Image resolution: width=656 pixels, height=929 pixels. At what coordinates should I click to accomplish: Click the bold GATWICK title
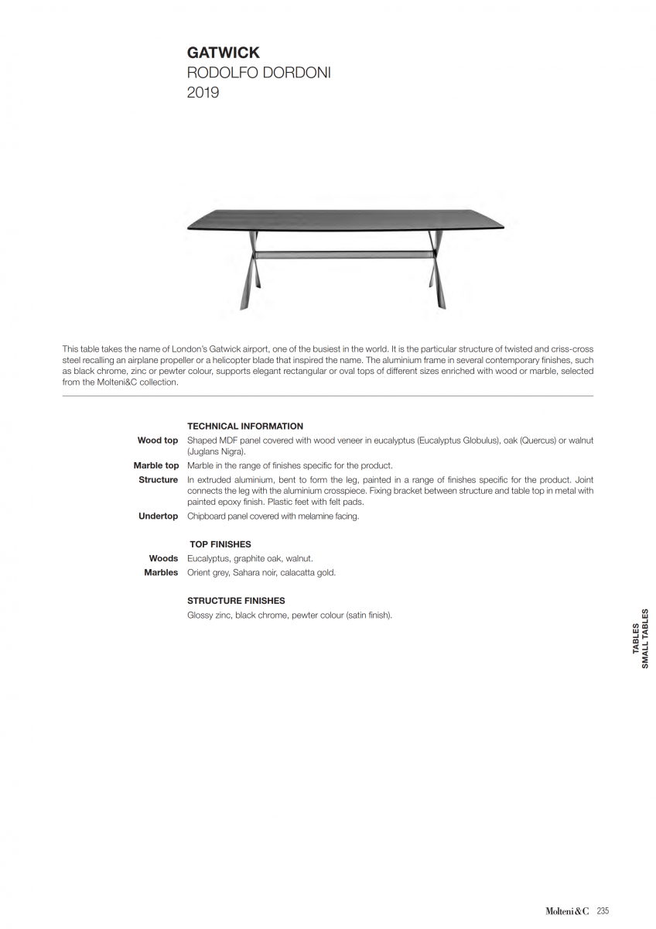(x=224, y=53)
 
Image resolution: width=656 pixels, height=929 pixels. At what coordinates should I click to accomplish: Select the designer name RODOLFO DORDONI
(x=259, y=73)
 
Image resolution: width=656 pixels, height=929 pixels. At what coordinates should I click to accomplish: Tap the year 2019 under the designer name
(x=203, y=93)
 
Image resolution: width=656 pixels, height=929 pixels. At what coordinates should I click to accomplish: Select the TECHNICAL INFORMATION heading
(x=245, y=426)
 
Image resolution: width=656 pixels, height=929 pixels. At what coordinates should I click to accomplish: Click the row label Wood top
(x=158, y=441)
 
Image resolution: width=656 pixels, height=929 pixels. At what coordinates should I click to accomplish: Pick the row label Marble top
(x=156, y=465)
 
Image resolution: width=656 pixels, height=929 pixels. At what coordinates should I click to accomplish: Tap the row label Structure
(x=159, y=480)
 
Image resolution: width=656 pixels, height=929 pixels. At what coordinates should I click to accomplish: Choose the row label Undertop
(x=159, y=516)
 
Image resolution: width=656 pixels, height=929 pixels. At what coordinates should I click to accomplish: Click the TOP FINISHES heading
(x=220, y=544)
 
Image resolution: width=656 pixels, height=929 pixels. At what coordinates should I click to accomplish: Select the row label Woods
(x=163, y=558)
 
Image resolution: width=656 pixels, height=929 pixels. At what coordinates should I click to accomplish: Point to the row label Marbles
(x=161, y=572)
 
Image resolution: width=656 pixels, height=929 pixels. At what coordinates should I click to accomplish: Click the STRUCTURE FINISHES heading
(x=236, y=601)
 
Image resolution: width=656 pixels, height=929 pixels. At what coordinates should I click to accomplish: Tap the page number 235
(x=603, y=911)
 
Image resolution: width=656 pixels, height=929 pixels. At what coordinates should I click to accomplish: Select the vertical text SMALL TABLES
(x=645, y=638)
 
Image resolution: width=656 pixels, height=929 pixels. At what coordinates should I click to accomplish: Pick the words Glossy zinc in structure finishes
(x=209, y=615)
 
